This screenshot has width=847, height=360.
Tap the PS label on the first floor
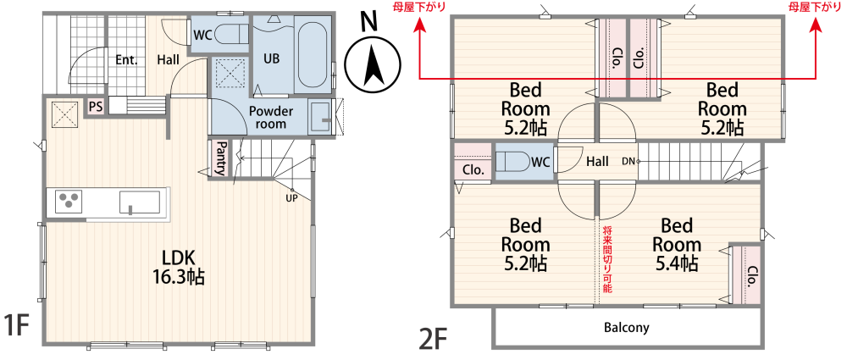pyautogui.click(x=97, y=107)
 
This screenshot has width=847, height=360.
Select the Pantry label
pyautogui.click(x=220, y=158)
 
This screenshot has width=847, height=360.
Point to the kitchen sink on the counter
pyautogui.click(x=140, y=201)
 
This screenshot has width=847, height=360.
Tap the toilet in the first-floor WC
pyautogui.click(x=231, y=36)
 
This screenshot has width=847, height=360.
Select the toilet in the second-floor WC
pyautogui.click(x=513, y=161)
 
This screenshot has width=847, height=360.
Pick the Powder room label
pyautogui.click(x=271, y=117)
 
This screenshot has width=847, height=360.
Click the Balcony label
pyautogui.click(x=627, y=327)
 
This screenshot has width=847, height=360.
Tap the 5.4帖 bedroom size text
pyautogui.click(x=676, y=263)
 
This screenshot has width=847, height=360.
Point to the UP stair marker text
pyautogui.click(x=291, y=198)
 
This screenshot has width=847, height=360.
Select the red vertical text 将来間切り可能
pyautogui.click(x=606, y=259)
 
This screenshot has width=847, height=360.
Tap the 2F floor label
pyautogui.click(x=435, y=338)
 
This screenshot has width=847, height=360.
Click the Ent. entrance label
pyautogui.click(x=126, y=59)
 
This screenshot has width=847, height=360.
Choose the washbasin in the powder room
pyautogui.click(x=320, y=117)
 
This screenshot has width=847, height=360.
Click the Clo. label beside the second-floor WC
pyautogui.click(x=473, y=169)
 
